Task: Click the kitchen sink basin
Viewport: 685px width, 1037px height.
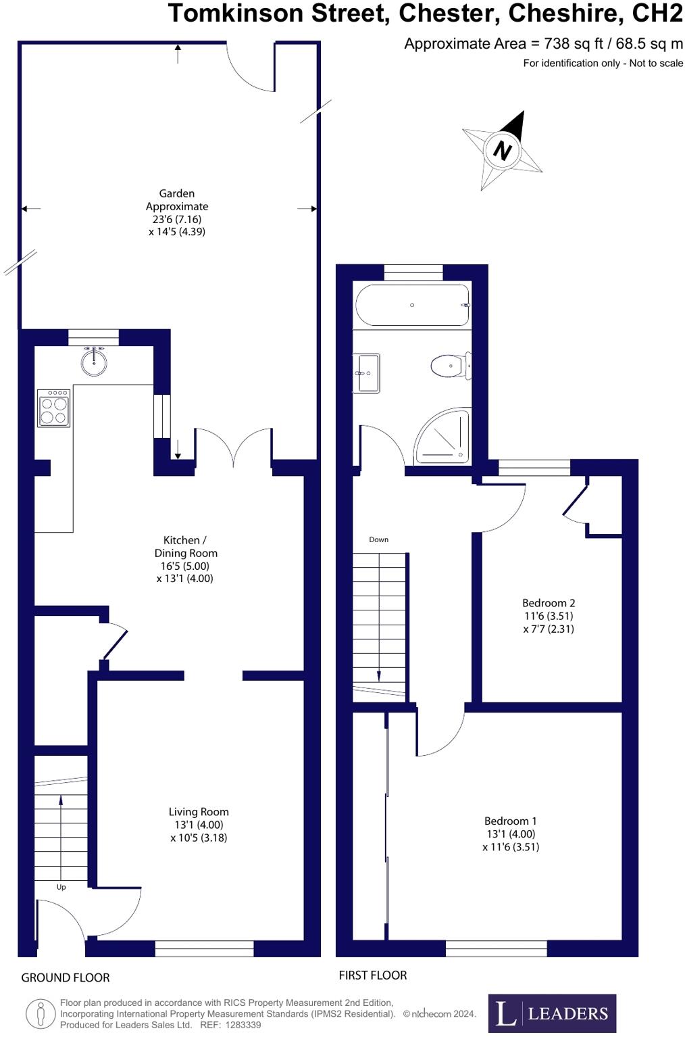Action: [94, 362]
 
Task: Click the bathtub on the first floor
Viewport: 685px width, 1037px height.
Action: [412, 305]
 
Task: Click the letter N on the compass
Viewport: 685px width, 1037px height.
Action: [502, 149]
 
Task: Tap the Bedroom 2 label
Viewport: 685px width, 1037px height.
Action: [549, 603]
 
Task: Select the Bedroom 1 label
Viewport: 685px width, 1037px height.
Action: [511, 821]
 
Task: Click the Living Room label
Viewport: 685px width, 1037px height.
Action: [199, 812]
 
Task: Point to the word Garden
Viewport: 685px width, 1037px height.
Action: [177, 193]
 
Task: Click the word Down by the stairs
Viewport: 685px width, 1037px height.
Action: [379, 539]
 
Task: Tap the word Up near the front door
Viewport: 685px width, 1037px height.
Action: [61, 887]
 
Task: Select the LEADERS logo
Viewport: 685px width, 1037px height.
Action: [552, 1013]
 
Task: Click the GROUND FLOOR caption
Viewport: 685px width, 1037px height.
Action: [66, 978]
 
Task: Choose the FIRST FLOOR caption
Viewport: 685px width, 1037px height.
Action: [373, 975]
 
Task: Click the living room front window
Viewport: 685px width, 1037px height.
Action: [205, 948]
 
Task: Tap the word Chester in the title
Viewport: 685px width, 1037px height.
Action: [449, 13]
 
